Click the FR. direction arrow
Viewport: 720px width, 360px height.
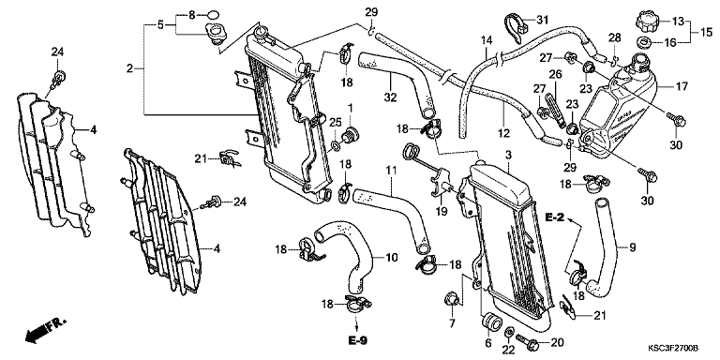coord(46,330)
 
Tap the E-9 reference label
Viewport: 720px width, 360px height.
coord(358,340)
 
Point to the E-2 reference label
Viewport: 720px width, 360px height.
coord(555,217)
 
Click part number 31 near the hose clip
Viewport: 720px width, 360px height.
coord(542,20)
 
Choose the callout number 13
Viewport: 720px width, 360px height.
coord(678,21)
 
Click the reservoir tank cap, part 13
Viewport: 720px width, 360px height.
coord(648,21)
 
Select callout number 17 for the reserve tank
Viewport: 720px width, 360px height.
coord(679,86)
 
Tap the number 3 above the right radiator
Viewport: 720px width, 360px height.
coord(508,157)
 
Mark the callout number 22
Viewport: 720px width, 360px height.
coord(508,350)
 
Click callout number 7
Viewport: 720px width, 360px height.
coord(451,324)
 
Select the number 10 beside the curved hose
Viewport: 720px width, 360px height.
coord(391,258)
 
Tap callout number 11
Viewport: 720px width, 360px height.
coord(391,171)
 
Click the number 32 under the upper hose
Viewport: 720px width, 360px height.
coord(390,97)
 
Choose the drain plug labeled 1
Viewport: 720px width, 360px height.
coord(352,135)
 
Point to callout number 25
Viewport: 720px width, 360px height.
coord(336,123)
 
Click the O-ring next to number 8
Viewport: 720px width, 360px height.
coord(213,14)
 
